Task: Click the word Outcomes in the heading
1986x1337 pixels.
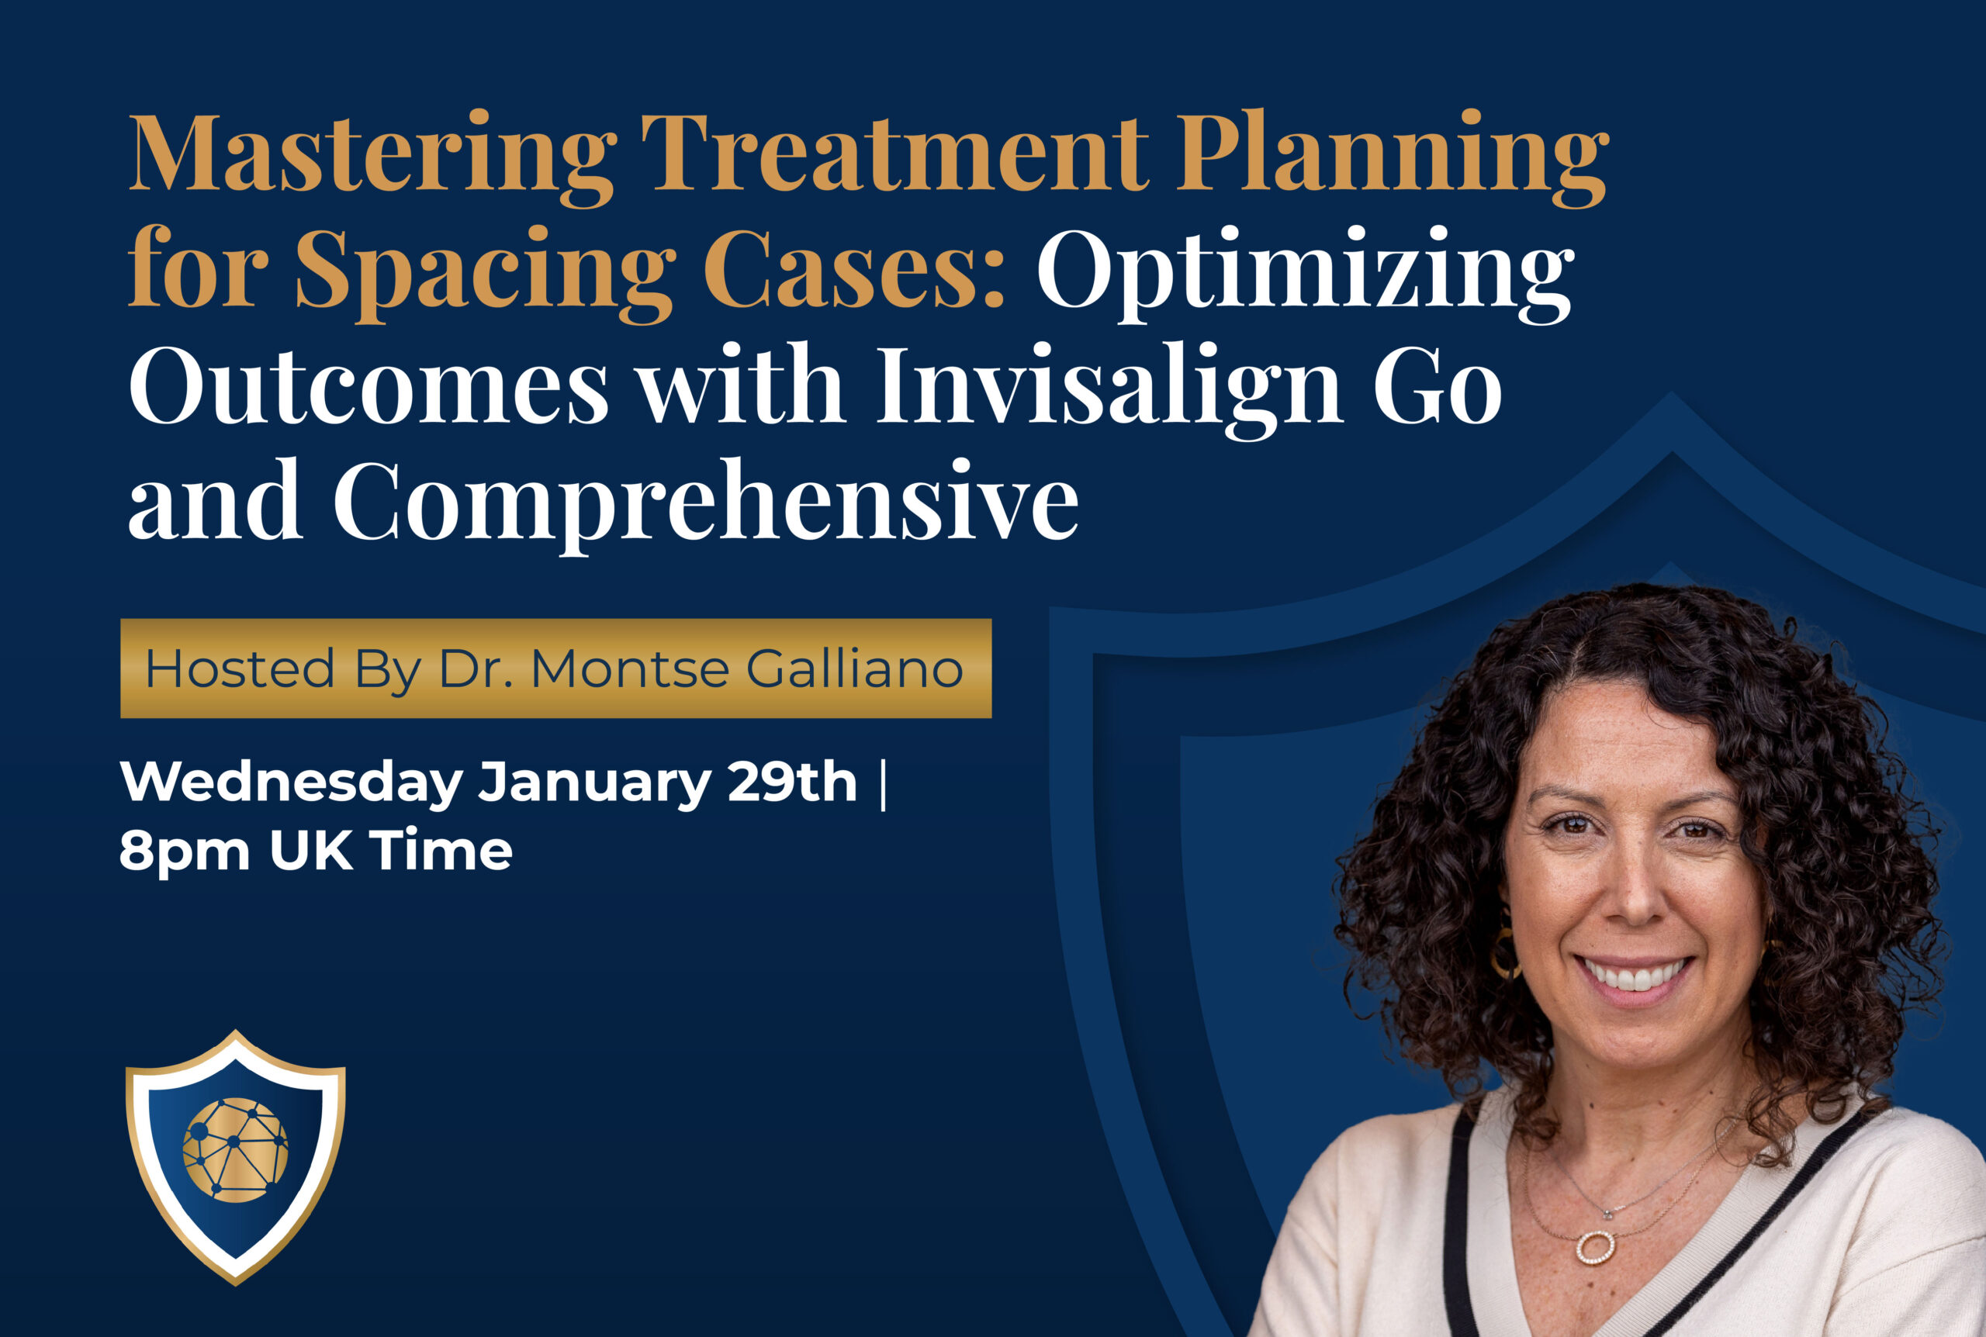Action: click(x=368, y=385)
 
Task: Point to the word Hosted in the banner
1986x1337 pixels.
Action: click(x=240, y=668)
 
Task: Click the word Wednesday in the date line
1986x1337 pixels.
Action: click(x=292, y=783)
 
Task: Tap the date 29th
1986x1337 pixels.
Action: click(x=792, y=781)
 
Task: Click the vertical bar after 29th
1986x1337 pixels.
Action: click(x=882, y=783)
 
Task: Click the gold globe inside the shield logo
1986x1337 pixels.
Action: click(x=235, y=1150)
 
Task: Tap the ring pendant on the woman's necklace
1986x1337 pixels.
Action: click(x=1594, y=1246)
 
